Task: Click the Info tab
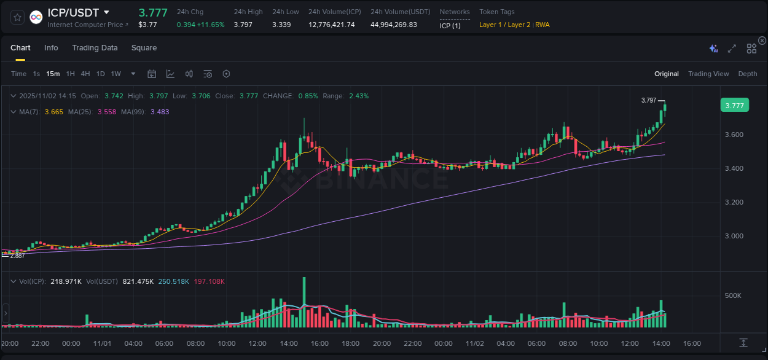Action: click(x=51, y=48)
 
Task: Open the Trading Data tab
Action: click(x=95, y=48)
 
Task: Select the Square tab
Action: click(x=144, y=48)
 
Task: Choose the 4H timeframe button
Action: click(x=85, y=74)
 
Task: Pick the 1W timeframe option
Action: click(x=116, y=74)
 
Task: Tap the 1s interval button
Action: click(x=36, y=74)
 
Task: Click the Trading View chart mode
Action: click(x=708, y=74)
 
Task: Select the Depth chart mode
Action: click(x=748, y=74)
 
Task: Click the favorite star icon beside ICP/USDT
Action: click(x=17, y=17)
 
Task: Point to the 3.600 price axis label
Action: click(x=733, y=135)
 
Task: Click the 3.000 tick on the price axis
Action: click(x=733, y=236)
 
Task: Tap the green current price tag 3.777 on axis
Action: click(x=734, y=106)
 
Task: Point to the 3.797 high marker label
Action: click(x=648, y=100)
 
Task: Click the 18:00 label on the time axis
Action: click(x=350, y=343)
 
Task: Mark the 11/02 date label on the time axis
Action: click(x=475, y=343)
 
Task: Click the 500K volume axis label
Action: click(x=733, y=295)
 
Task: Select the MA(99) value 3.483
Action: click(x=160, y=112)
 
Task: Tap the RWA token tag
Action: click(x=543, y=25)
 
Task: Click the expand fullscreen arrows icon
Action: click(x=732, y=49)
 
